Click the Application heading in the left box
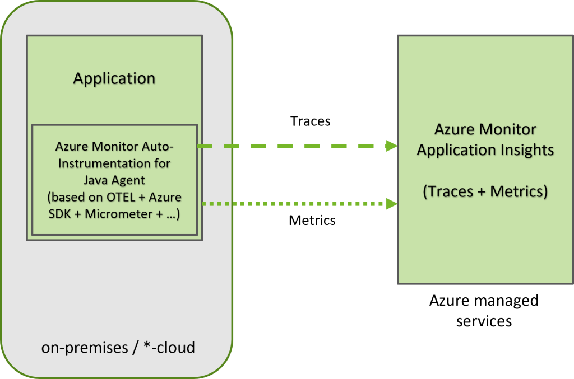click(x=114, y=78)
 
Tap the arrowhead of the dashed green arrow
click(x=391, y=146)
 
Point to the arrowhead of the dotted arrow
click(x=391, y=204)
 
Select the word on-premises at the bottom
click(x=85, y=348)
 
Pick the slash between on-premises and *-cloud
click(x=135, y=348)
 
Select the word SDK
click(x=61, y=214)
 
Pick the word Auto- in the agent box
click(x=158, y=147)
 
